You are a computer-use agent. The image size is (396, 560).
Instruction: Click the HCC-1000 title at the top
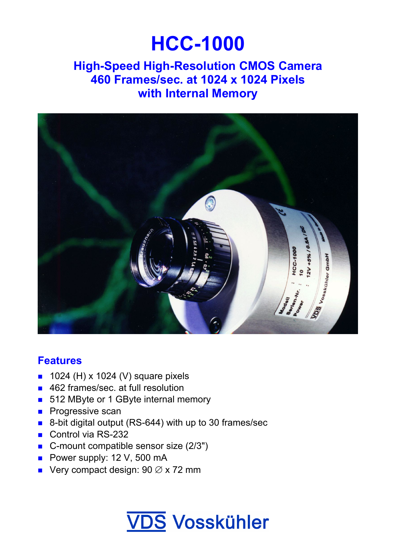[x=198, y=44]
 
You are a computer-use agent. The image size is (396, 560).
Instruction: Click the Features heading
[x=60, y=361]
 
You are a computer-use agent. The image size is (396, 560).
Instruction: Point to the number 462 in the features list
[x=57, y=388]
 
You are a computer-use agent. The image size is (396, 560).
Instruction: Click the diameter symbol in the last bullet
[x=158, y=470]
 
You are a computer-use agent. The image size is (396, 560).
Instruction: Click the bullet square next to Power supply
[x=40, y=458]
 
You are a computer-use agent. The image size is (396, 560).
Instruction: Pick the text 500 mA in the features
[x=151, y=458]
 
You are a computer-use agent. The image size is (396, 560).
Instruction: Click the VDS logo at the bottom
[x=146, y=522]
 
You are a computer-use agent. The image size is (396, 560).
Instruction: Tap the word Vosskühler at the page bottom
[x=220, y=523]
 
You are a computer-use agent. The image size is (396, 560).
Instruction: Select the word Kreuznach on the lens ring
[x=146, y=243]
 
